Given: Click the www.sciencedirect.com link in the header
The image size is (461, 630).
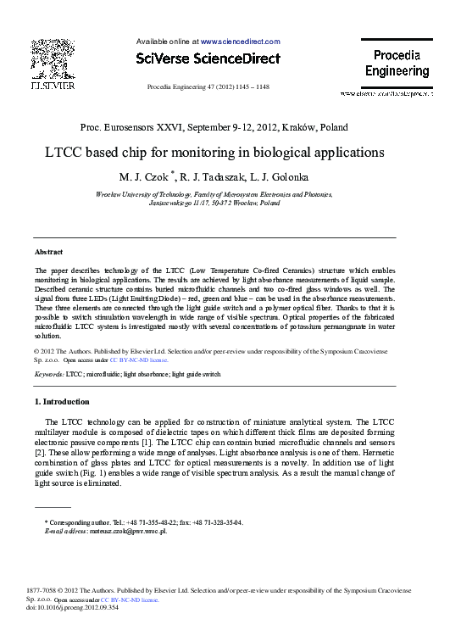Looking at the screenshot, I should (x=240, y=41).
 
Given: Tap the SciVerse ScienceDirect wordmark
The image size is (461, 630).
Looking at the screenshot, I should (x=208, y=59).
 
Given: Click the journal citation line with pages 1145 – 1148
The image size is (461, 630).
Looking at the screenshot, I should (x=208, y=87).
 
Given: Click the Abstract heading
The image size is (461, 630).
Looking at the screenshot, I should (x=48, y=253).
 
